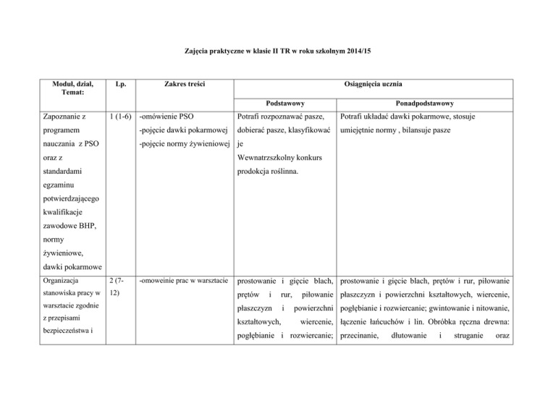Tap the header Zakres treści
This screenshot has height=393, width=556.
(x=184, y=85)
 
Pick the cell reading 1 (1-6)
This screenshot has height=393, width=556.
(x=117, y=117)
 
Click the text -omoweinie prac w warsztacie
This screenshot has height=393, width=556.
(x=184, y=279)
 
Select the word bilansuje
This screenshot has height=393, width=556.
(x=455, y=130)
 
